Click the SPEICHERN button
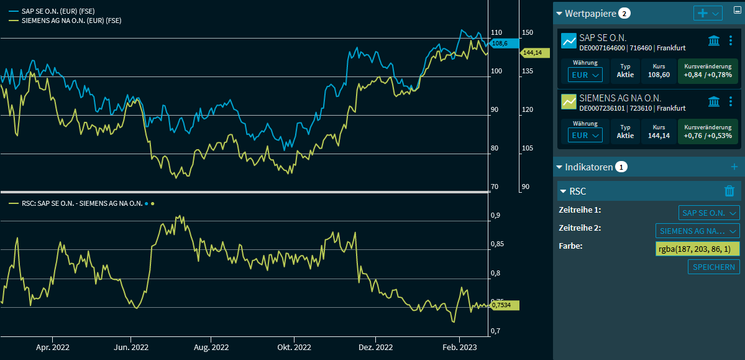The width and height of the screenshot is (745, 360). (713, 267)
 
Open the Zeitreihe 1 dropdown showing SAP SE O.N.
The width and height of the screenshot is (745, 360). (709, 213)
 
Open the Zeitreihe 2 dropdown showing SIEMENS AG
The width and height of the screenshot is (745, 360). (698, 231)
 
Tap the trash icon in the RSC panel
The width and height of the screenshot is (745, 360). (729, 192)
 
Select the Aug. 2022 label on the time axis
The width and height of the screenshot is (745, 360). (212, 347)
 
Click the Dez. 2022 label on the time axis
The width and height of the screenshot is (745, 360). (375, 347)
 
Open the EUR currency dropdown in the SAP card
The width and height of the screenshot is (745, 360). (585, 75)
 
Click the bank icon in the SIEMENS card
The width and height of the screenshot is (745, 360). (714, 101)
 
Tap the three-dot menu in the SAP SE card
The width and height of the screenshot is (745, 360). (731, 41)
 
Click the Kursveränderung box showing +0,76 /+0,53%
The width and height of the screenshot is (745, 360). (708, 132)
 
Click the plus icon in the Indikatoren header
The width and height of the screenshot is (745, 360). (734, 167)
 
